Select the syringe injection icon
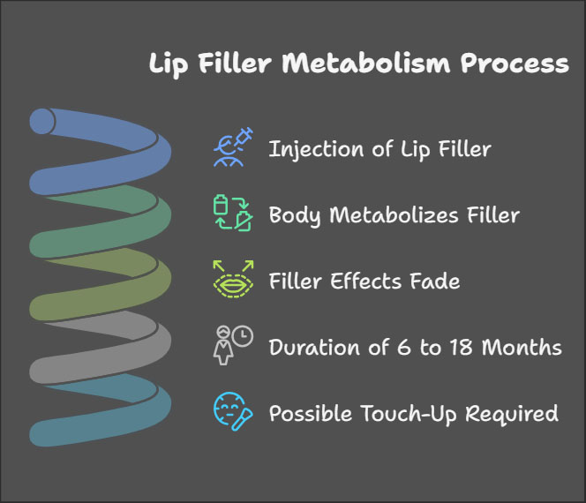coord(233,147)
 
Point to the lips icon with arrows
coord(233,281)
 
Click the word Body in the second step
coord(292,215)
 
